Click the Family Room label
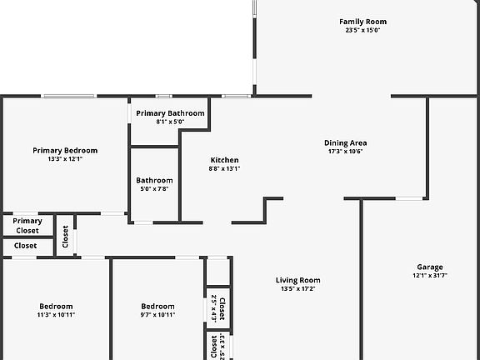point(362,22)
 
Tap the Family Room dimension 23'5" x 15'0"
point(362,30)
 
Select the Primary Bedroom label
point(65,150)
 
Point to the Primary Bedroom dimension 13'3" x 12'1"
point(65,158)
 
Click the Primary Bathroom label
point(170,113)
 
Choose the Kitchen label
point(225,160)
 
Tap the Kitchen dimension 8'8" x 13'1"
point(225,168)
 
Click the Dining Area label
point(346,143)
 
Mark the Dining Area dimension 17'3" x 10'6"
point(346,151)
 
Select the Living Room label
point(298,280)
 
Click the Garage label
point(430,267)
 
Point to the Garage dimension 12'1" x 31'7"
point(430,275)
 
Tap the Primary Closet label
point(27,226)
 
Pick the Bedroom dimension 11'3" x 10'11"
point(56,315)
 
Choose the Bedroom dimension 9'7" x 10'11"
point(158,315)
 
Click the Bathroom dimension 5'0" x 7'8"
point(155,189)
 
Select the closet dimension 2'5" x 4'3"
point(214,309)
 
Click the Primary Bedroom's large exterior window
point(69,96)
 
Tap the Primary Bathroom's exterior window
point(164,96)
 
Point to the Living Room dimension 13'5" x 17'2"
point(298,288)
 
